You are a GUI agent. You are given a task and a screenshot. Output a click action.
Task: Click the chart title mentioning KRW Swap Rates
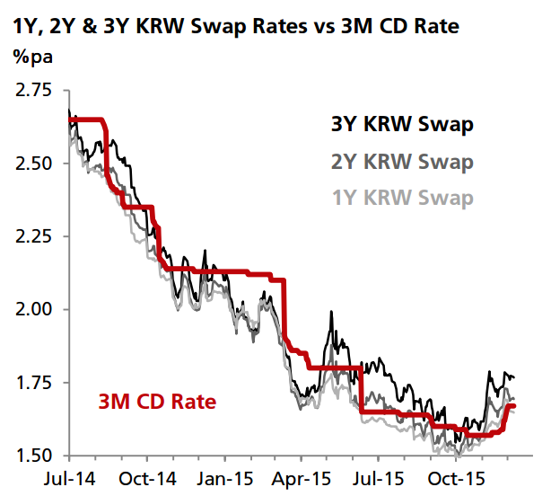[236, 26]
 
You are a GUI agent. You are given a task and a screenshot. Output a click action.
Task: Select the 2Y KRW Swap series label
[401, 162]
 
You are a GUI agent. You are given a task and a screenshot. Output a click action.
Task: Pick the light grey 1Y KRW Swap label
[401, 197]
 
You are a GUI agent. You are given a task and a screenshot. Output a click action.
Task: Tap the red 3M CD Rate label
[157, 402]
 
